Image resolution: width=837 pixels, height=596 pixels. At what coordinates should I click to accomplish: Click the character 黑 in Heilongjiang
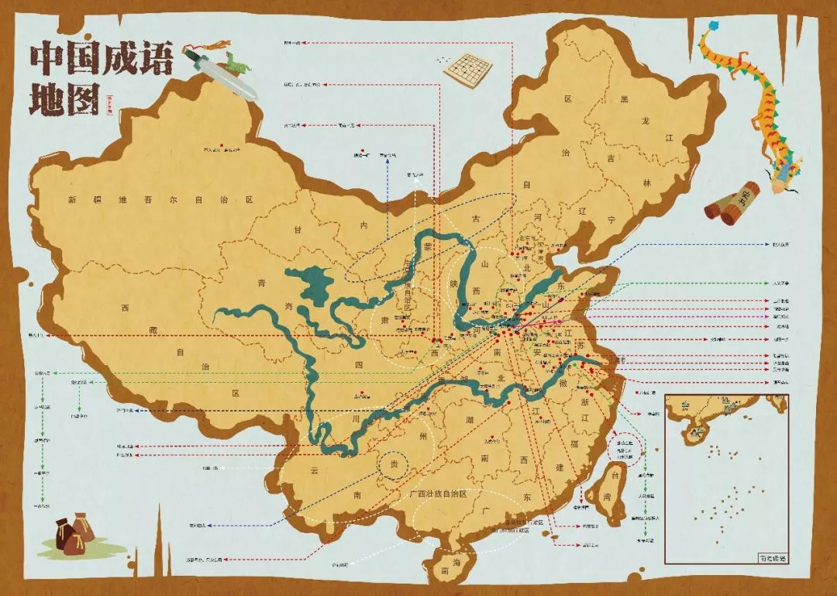625,99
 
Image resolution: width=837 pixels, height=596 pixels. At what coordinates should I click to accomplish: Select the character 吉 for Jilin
611,158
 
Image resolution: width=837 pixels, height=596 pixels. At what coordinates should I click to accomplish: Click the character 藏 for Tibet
154,331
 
